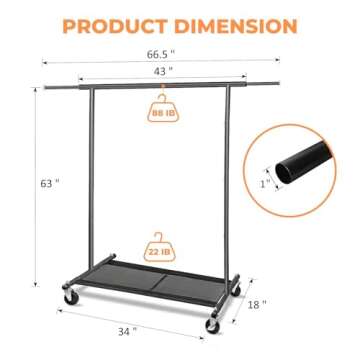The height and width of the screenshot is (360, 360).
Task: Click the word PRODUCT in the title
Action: [x=119, y=25]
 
